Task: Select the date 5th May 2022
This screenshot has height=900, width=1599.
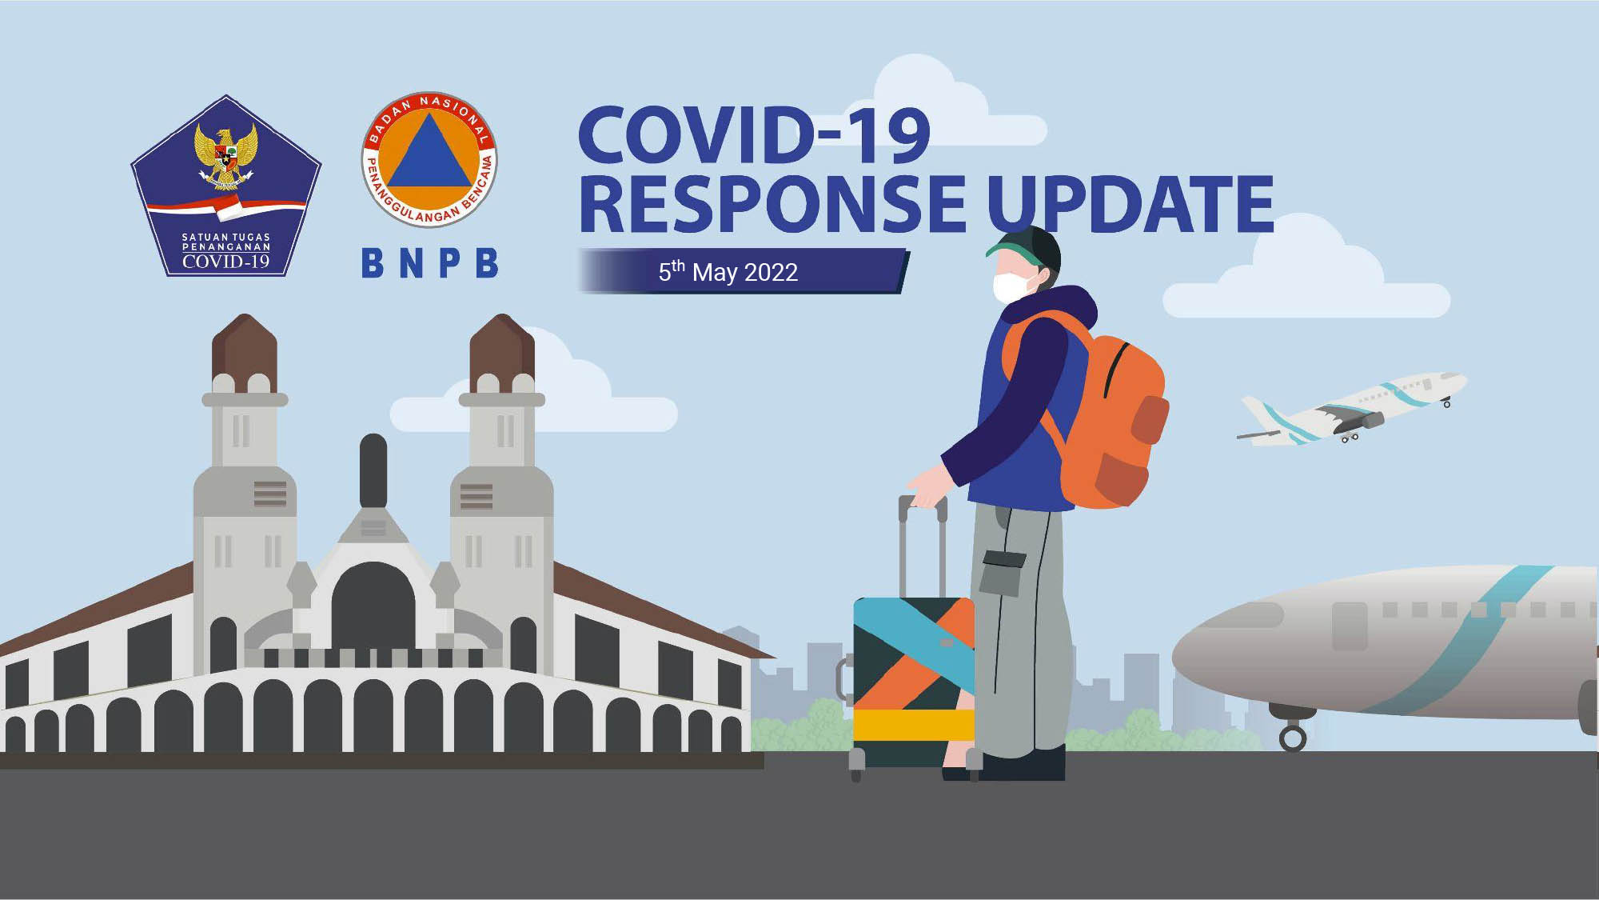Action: click(x=728, y=272)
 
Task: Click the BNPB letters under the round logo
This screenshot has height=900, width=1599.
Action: click(x=430, y=263)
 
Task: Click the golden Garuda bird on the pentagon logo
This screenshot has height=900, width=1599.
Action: click(x=226, y=156)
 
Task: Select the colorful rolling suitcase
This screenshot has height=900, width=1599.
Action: click(x=913, y=680)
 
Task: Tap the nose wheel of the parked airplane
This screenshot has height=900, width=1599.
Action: click(x=1293, y=737)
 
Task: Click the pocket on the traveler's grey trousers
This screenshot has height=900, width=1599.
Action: click(x=1003, y=571)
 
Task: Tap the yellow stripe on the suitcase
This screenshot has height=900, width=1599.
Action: click(x=913, y=725)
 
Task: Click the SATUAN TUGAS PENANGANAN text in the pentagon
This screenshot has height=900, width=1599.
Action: click(x=226, y=242)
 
